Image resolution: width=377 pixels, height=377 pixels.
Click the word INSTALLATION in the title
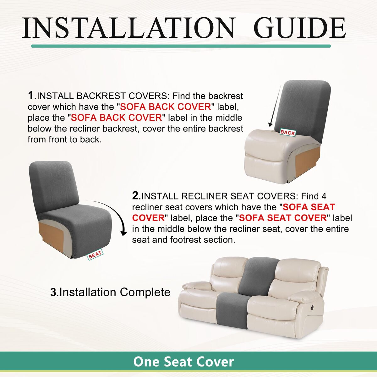pos(128,28)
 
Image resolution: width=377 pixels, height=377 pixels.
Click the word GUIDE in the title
pos(301,28)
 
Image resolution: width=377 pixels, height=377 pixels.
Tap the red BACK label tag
pos(287,133)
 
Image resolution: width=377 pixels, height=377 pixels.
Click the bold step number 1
pos(31,96)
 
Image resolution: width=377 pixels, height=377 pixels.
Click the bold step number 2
pos(135,196)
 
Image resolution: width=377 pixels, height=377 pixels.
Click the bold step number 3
pos(53,292)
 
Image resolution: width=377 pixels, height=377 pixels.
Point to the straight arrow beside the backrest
pos(276,106)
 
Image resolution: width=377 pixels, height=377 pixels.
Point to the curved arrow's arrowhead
pos(123,232)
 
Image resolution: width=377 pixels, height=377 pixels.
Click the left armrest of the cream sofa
pos(196,287)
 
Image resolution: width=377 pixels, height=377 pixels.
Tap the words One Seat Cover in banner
pos(183,362)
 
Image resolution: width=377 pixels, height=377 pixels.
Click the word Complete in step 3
pos(145,293)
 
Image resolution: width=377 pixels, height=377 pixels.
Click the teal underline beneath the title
pos(181,46)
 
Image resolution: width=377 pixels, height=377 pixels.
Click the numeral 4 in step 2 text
pos(324,196)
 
